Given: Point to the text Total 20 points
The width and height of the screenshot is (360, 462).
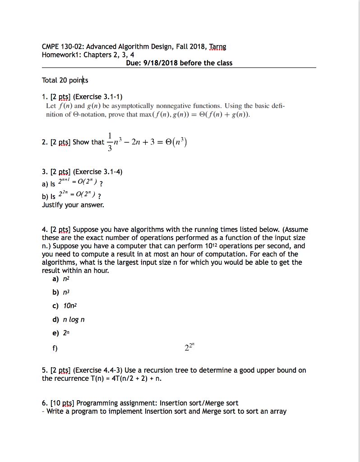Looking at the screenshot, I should (65, 80).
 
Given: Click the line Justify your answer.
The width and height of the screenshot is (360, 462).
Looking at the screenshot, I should (73, 205).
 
